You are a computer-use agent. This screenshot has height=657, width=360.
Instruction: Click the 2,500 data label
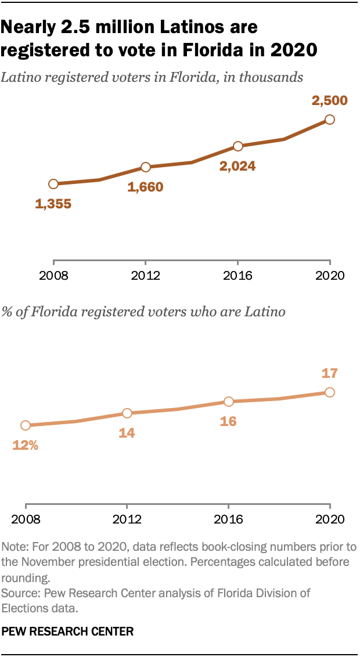329,100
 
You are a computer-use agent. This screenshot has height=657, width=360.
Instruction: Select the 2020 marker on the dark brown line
330,120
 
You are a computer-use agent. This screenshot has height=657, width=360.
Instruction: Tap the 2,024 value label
237,167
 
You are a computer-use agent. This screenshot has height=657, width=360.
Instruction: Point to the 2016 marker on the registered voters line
237,146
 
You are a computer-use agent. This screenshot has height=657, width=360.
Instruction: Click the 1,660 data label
145,187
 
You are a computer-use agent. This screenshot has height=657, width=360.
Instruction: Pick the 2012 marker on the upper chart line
145,167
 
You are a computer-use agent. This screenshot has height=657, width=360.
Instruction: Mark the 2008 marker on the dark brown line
53,184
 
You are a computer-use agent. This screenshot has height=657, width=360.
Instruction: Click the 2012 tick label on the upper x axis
145,275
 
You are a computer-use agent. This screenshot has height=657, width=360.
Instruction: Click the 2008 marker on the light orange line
26,425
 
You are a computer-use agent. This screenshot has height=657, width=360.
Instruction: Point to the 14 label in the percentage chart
127,433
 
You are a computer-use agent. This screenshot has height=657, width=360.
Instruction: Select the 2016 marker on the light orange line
229,402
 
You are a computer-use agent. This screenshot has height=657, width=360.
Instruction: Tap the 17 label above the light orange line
329,373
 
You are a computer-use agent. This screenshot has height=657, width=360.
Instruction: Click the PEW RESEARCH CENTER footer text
67,631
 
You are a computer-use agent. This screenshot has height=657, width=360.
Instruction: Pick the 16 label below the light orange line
228,421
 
